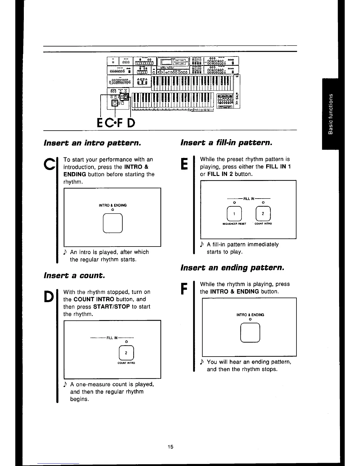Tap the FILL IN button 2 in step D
(x=126, y=353)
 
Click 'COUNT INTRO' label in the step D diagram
(x=126, y=363)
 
